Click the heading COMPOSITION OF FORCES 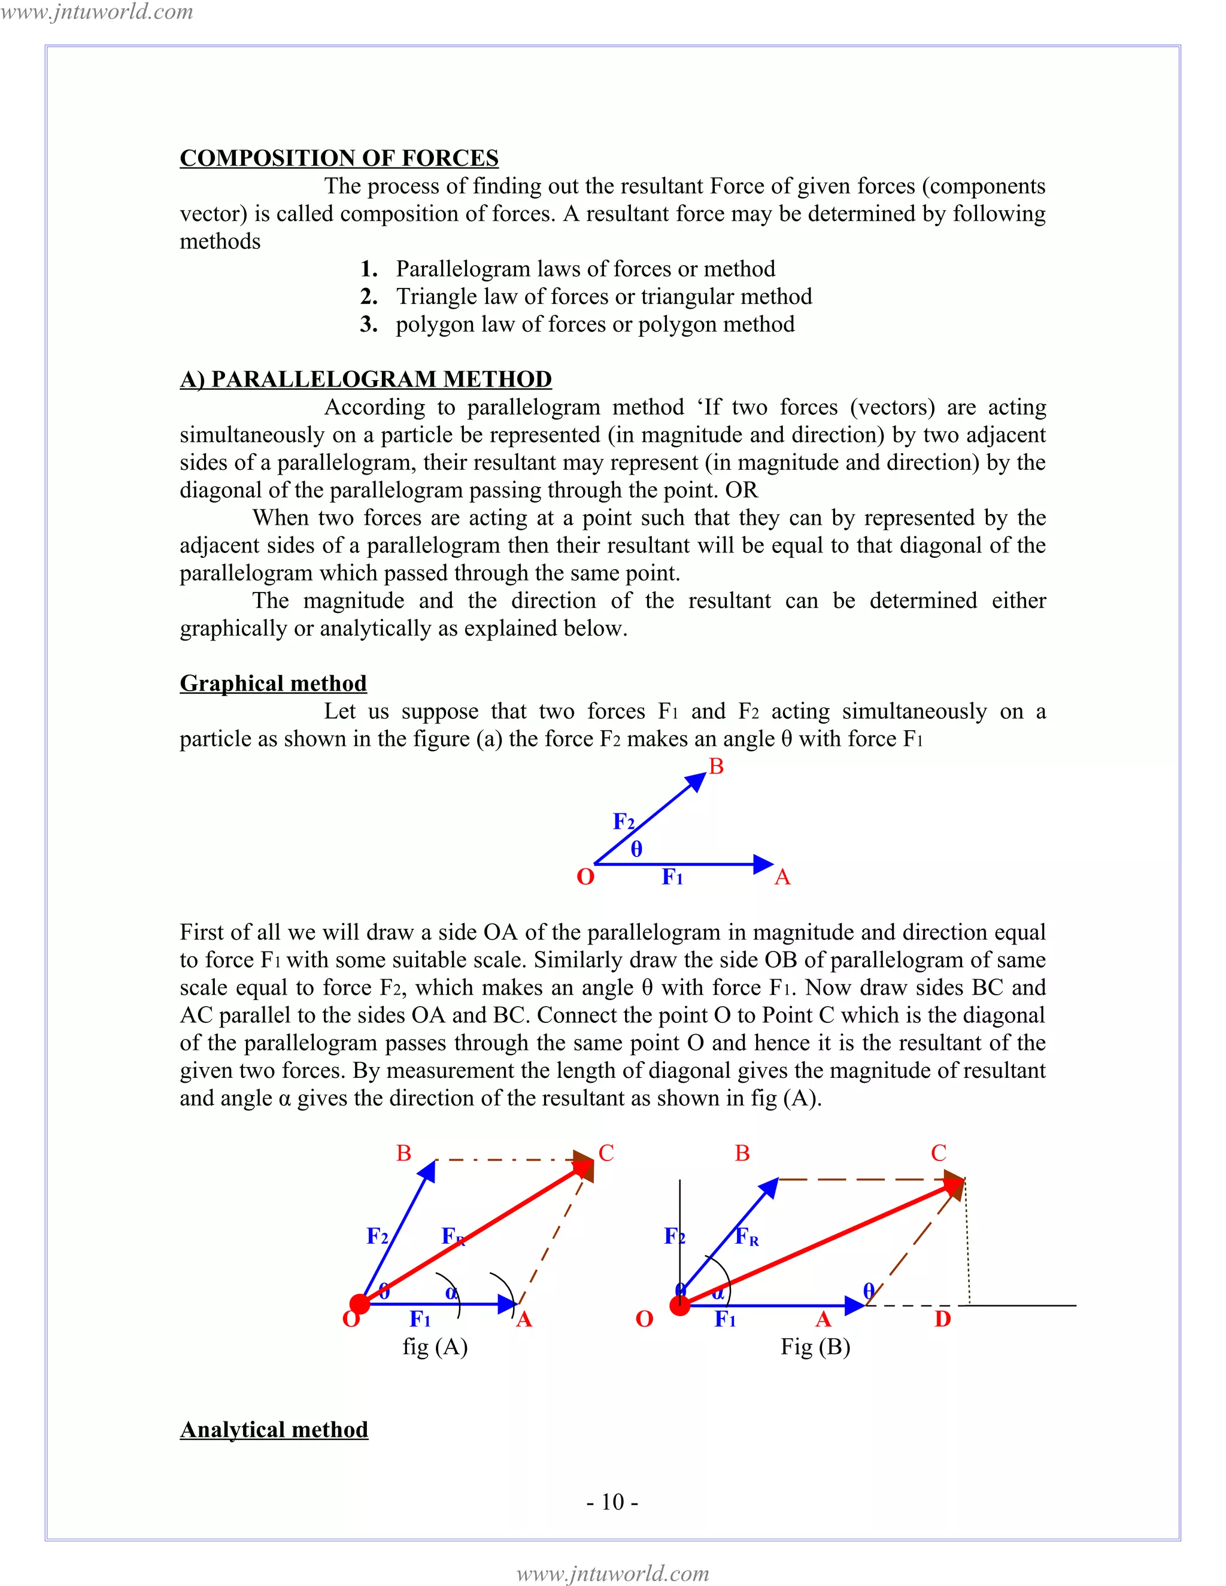(338, 159)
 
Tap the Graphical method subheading (273, 683)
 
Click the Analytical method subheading (274, 1429)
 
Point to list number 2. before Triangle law (369, 296)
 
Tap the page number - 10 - (612, 1501)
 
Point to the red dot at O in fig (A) (360, 1304)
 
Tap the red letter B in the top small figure (716, 766)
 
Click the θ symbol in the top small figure (636, 849)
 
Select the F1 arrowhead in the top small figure (763, 864)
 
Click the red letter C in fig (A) (606, 1153)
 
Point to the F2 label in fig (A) (377, 1235)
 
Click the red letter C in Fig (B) (939, 1153)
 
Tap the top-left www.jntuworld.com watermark (96, 11)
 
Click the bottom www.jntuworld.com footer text (612, 1573)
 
